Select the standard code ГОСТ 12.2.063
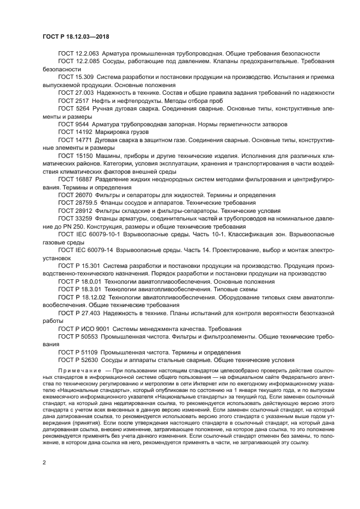[x=77, y=53]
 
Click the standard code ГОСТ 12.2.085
[x=77, y=62]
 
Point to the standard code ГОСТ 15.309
[x=75, y=77]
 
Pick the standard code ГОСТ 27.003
[x=75, y=93]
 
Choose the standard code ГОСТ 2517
[x=73, y=101]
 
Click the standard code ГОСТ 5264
[x=73, y=109]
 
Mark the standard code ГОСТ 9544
[x=73, y=125]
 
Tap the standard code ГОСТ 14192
[x=75, y=132]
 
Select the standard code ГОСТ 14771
[x=75, y=140]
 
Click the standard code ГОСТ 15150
[x=75, y=156]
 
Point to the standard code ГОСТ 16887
[x=75, y=180]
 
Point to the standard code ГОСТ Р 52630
[x=78, y=361]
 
